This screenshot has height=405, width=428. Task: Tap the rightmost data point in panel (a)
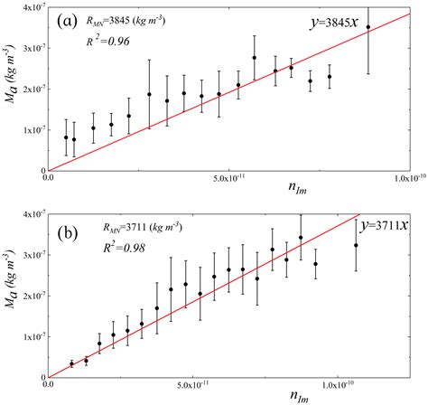(368, 27)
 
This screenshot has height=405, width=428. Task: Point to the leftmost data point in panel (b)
(71, 363)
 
